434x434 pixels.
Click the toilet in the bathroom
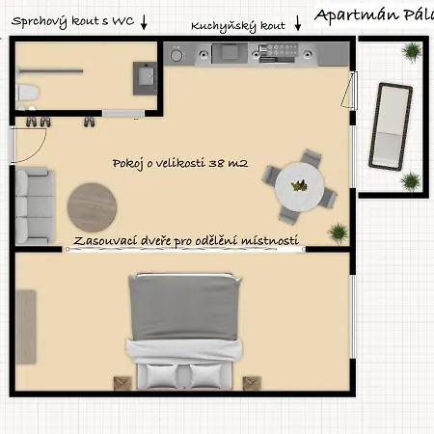point(27,93)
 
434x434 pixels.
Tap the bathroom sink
point(146,78)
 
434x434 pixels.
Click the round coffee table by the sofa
point(92,207)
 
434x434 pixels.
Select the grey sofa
point(35,205)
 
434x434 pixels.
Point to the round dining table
point(299,187)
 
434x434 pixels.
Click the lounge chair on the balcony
point(391,126)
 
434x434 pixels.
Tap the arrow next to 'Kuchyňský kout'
point(298,23)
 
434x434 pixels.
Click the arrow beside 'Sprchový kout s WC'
point(144,22)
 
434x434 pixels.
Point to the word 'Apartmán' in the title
point(356,15)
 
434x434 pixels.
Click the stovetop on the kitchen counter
point(279,53)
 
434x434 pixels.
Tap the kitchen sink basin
point(230,52)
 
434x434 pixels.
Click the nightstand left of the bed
point(122,383)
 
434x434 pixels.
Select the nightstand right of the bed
point(252,383)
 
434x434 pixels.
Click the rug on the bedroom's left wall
point(26,327)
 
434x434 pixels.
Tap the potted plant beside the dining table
point(338,232)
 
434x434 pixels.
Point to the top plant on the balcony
point(412,52)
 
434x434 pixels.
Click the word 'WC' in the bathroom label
point(122,21)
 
